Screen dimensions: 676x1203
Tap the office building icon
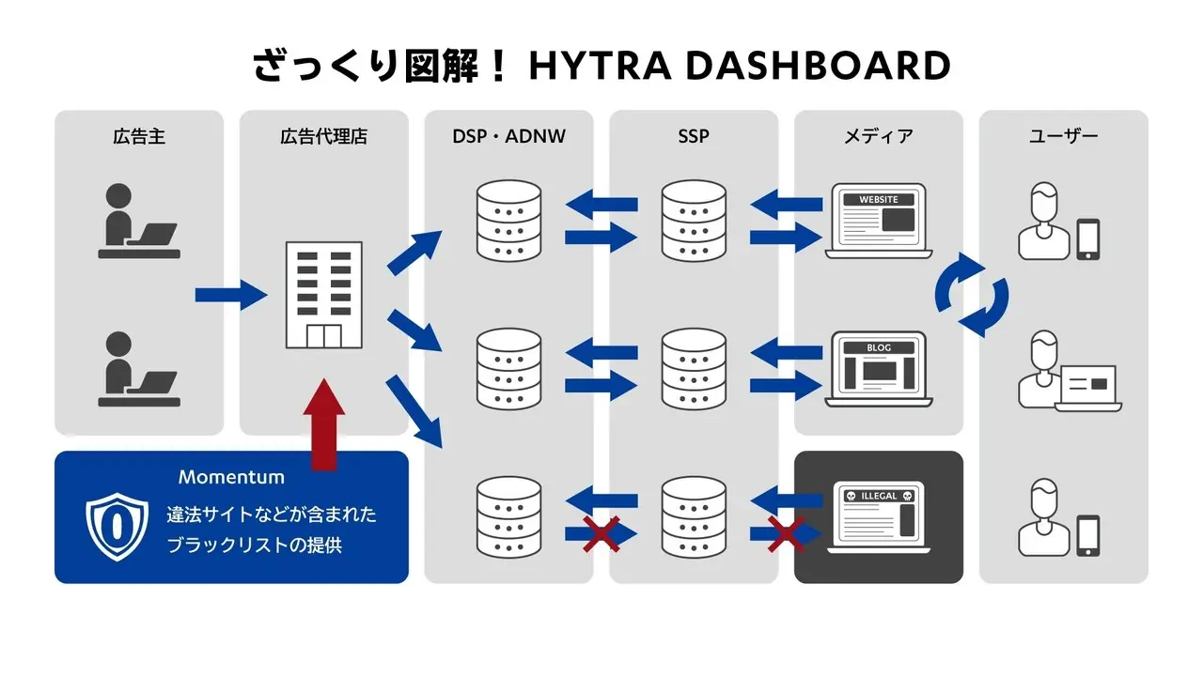click(323, 295)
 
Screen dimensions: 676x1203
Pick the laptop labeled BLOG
click(879, 369)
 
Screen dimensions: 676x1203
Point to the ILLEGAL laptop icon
click(879, 517)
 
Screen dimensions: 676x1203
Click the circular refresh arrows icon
click(972, 294)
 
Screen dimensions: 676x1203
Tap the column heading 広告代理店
click(323, 137)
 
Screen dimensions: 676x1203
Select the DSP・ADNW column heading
click(508, 137)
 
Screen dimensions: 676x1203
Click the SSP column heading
click(694, 137)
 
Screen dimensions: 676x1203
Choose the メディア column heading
click(878, 137)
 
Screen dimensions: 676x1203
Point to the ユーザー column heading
click(1063, 137)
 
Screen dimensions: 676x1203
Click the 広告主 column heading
click(139, 137)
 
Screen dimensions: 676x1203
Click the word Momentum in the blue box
click(231, 477)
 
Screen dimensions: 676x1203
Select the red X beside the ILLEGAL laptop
click(786, 534)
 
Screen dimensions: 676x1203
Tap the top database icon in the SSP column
click(694, 222)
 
